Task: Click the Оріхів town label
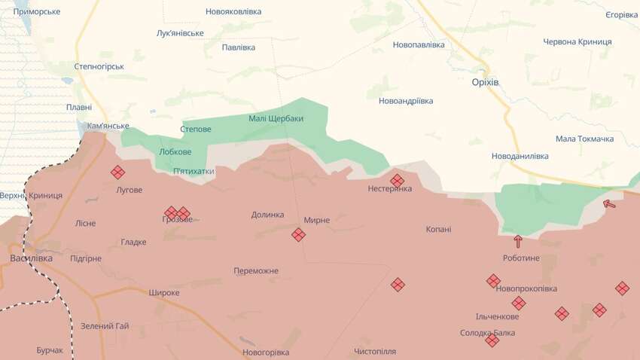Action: [485, 81]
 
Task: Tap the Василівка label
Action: [31, 258]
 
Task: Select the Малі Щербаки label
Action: [276, 119]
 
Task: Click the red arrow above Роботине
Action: [517, 242]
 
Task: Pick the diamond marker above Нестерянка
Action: [398, 181]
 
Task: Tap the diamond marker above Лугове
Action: [118, 172]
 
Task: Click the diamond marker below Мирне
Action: [299, 235]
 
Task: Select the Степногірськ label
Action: [99, 66]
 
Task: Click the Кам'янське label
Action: [108, 126]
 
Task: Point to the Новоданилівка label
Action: [520, 155]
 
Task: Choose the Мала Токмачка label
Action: [584, 139]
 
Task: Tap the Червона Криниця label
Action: [578, 41]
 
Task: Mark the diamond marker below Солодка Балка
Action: [492, 341]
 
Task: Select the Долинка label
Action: [268, 215]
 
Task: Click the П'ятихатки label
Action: [194, 171]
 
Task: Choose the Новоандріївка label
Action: [406, 100]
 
